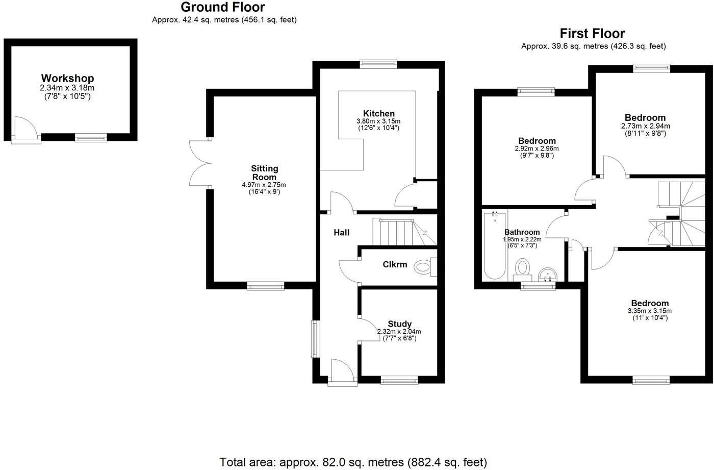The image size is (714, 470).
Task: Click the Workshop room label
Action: [67, 79]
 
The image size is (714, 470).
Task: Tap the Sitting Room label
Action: [264, 172]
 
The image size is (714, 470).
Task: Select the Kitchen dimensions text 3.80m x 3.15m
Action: [378, 121]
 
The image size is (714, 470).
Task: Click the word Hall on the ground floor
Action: [341, 233]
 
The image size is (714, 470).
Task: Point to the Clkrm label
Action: [395, 264]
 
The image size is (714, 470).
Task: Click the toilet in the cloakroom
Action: [423, 266]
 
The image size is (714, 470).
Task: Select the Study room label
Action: [399, 324]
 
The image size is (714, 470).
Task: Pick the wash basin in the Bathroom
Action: [549, 275]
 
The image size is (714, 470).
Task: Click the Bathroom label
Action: [522, 232]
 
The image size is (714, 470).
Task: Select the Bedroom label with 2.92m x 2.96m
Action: [537, 141]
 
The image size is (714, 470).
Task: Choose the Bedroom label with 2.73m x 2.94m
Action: [645, 118]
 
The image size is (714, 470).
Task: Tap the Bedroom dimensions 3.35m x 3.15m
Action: [649, 311]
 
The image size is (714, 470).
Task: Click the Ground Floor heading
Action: [223, 7]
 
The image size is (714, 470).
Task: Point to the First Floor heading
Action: [592, 34]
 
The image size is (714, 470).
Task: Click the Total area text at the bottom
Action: [353, 462]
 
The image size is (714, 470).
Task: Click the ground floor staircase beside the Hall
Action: [403, 232]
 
